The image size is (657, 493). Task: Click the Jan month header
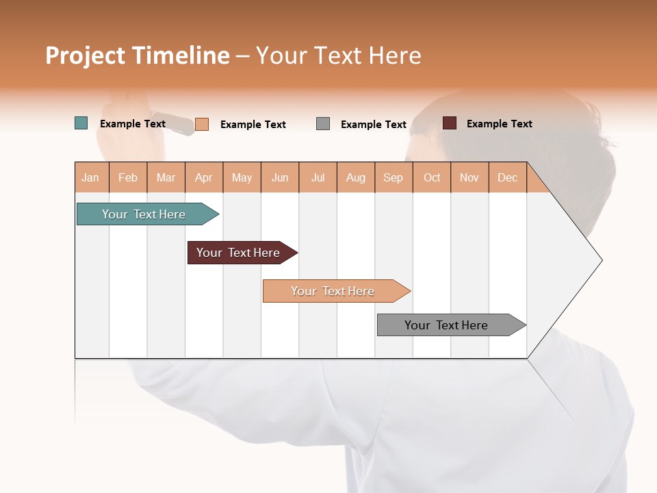[x=91, y=177]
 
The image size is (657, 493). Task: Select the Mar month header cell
[x=166, y=177]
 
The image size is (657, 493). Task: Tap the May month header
[x=242, y=177]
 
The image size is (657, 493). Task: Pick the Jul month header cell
[x=318, y=177]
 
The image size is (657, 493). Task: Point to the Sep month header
[x=393, y=177]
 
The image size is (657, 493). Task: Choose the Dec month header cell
[x=507, y=177]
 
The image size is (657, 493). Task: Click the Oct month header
[x=431, y=177]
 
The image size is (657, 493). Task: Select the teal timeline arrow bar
[x=144, y=214]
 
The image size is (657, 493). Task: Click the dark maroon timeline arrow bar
[x=238, y=253]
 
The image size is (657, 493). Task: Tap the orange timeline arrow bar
[x=333, y=291]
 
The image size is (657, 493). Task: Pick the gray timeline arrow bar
[x=446, y=325]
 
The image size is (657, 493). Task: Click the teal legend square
[x=81, y=123]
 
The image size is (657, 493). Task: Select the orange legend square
[x=202, y=124]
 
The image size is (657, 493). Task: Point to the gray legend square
[x=323, y=123]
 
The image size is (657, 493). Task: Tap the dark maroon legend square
[x=450, y=123]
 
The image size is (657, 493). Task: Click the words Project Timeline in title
[x=138, y=55]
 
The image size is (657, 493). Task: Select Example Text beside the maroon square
[x=499, y=124]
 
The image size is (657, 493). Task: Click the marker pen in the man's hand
[x=172, y=123]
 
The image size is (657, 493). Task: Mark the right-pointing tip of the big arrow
[x=600, y=260]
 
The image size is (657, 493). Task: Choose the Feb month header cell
[x=128, y=177]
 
